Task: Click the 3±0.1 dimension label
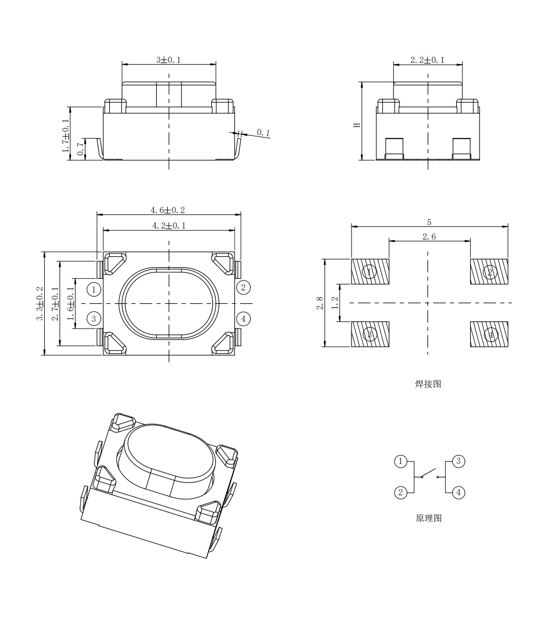168,60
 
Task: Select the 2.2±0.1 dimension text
428,60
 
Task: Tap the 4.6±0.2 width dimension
168,210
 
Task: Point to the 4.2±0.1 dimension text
169,225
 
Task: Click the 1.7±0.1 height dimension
65,136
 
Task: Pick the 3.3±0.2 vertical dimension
39,303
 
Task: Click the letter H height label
357,125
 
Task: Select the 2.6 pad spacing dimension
429,237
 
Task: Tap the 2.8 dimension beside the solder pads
319,303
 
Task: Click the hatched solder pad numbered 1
370,272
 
